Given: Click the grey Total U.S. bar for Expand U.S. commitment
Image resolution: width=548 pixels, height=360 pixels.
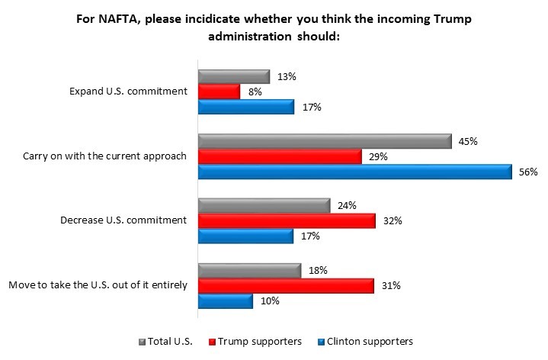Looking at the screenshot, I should pyautogui.click(x=233, y=76).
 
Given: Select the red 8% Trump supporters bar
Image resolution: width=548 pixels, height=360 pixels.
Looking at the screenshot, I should pyautogui.click(x=219, y=92).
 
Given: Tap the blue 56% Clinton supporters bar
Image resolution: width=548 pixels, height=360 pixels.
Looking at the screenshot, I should pyautogui.click(x=354, y=172).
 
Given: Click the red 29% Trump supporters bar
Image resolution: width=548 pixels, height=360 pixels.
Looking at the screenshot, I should pyautogui.click(x=279, y=156).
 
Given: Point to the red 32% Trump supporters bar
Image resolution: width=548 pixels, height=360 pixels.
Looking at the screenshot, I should pyautogui.click(x=287, y=220).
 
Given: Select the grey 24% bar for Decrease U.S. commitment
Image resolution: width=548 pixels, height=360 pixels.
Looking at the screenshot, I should pyautogui.click(x=264, y=205).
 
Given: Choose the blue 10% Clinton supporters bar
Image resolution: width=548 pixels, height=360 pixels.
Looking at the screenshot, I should pyautogui.click(x=225, y=301).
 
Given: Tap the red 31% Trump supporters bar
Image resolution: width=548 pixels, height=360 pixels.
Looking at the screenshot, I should pyautogui.click(x=286, y=285).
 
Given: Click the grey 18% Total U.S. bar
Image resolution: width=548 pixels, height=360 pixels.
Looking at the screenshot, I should pyautogui.click(x=249, y=270).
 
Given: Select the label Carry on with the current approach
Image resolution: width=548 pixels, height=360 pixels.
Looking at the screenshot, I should pyautogui.click(x=105, y=156).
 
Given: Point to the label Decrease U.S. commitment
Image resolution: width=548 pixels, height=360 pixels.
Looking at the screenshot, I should pyautogui.click(x=123, y=221).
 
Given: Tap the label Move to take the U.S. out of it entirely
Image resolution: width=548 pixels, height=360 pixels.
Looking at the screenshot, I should pyautogui.click(x=98, y=286).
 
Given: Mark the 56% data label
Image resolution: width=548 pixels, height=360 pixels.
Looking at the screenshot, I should pyautogui.click(x=529, y=172).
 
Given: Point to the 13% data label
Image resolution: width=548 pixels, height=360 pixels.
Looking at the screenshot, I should pyautogui.click(x=287, y=76).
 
